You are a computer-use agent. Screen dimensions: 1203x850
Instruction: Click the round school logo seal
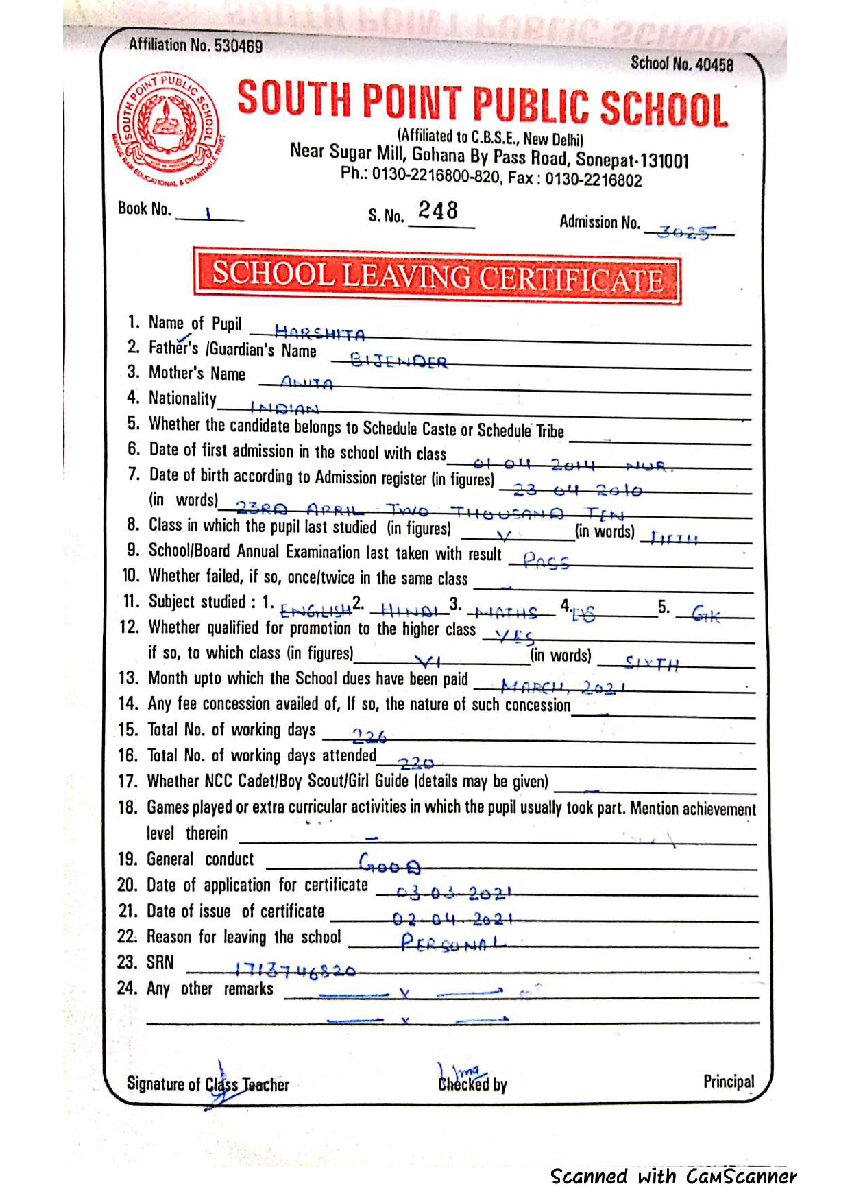pyautogui.click(x=168, y=128)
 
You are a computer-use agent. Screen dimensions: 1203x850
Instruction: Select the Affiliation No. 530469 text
pyautogui.click(x=195, y=46)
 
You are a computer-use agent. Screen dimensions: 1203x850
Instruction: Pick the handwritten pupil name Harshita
pyautogui.click(x=319, y=332)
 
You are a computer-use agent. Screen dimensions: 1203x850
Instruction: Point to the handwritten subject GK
pyautogui.click(x=705, y=614)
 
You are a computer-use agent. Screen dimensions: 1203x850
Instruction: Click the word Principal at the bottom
pyautogui.click(x=728, y=1081)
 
